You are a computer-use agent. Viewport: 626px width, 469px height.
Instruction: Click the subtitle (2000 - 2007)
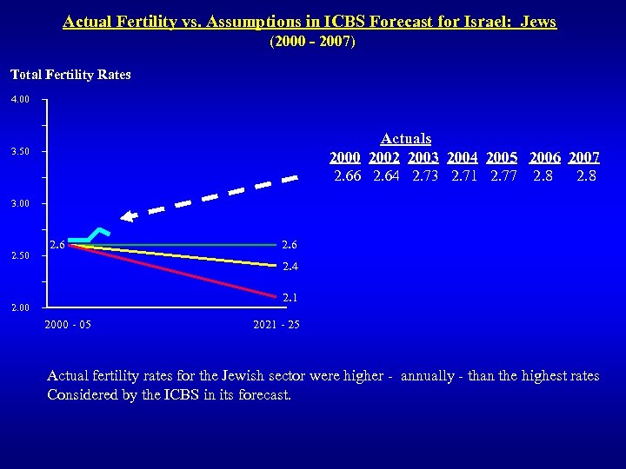pyautogui.click(x=312, y=42)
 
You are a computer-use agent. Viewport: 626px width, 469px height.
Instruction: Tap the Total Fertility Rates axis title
pyautogui.click(x=70, y=75)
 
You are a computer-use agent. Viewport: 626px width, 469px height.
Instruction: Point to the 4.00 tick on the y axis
pyautogui.click(x=20, y=100)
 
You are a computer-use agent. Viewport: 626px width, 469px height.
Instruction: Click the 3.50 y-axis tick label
pyautogui.click(x=20, y=152)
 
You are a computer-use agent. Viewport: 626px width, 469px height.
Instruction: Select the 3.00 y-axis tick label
pyautogui.click(x=20, y=204)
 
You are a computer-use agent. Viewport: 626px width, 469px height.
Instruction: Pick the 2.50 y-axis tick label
pyautogui.click(x=20, y=256)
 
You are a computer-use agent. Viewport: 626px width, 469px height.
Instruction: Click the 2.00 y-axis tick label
pyautogui.click(x=20, y=307)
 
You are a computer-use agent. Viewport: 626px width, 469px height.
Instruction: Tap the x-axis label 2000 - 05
pyautogui.click(x=67, y=325)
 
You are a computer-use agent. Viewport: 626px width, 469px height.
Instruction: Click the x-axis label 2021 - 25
pyautogui.click(x=276, y=325)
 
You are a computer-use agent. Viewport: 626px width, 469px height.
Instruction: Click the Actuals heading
pyautogui.click(x=406, y=139)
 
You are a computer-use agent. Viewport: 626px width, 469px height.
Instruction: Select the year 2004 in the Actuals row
pyautogui.click(x=463, y=158)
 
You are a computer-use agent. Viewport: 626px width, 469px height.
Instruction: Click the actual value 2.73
pyautogui.click(x=427, y=177)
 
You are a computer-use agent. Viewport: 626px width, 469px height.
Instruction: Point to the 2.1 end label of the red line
pyautogui.click(x=290, y=298)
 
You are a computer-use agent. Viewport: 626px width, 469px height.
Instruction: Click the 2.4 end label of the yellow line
pyautogui.click(x=290, y=267)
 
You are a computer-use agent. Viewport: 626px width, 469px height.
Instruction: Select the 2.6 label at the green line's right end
pyautogui.click(x=290, y=246)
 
